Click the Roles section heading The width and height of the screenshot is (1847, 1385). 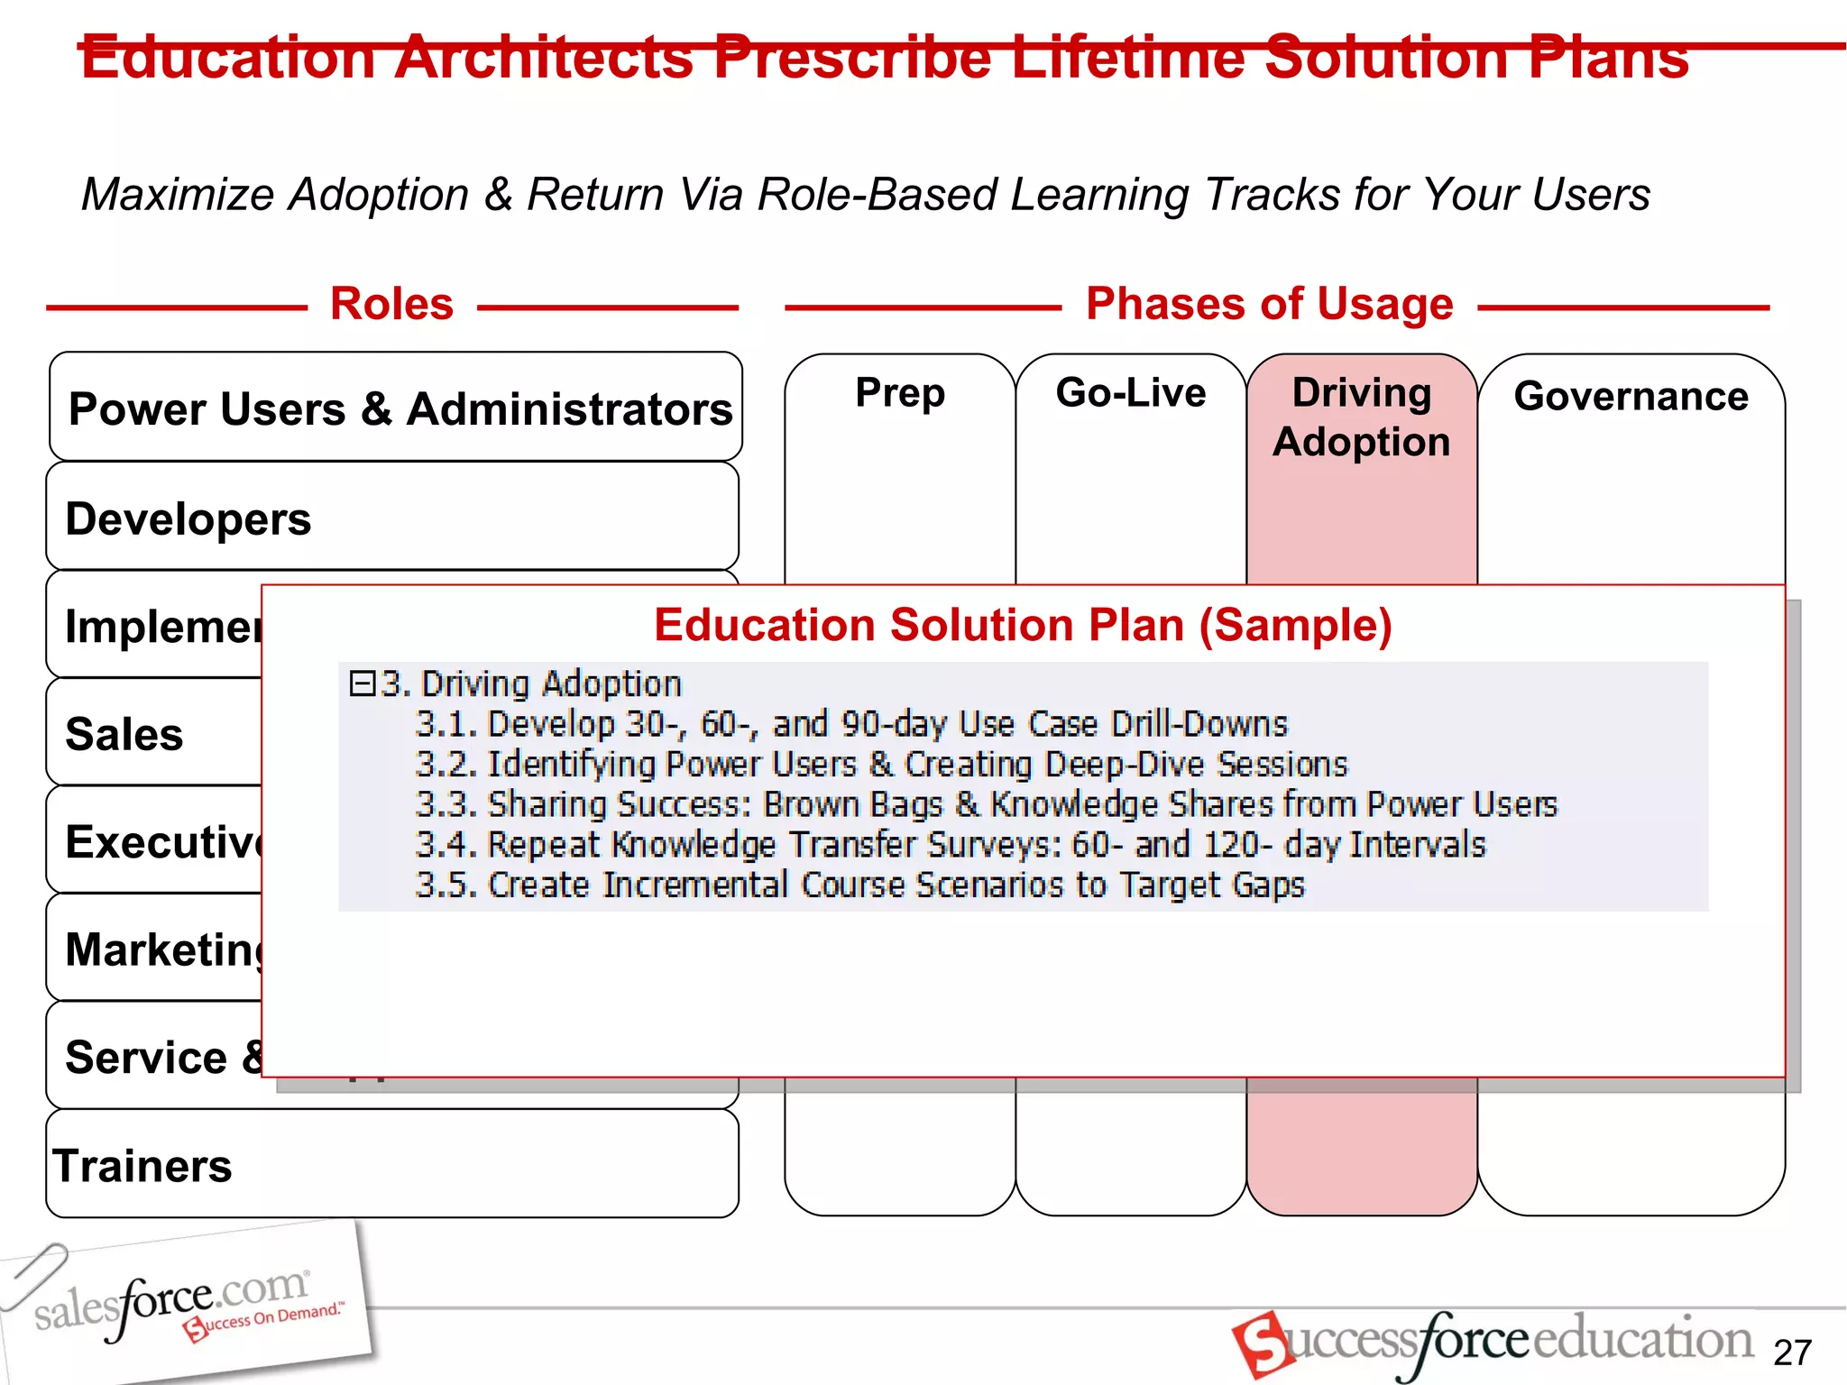coord(391,304)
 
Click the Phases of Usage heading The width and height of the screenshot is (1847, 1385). coord(1269,304)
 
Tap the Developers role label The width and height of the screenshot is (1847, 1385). coord(188,519)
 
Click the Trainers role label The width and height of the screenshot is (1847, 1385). coord(142,1166)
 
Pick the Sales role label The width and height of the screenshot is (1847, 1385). coord(124,734)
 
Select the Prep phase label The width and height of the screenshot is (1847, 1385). coord(900,393)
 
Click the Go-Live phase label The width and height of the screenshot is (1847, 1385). coord(1130,393)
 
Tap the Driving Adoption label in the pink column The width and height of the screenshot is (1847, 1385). coord(1361,417)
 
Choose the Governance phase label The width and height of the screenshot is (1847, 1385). coord(1631,397)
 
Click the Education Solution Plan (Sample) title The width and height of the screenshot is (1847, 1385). coord(1023,625)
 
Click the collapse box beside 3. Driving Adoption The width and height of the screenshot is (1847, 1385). coord(362,683)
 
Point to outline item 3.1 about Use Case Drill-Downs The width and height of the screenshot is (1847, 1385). coord(850,724)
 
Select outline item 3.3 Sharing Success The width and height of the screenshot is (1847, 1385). coord(986,804)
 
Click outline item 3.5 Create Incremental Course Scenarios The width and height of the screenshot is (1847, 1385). coord(859,885)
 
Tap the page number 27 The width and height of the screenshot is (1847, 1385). coord(1791,1353)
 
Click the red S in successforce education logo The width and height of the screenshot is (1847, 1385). coord(1261,1344)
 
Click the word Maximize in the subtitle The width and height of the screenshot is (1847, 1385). coord(177,195)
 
